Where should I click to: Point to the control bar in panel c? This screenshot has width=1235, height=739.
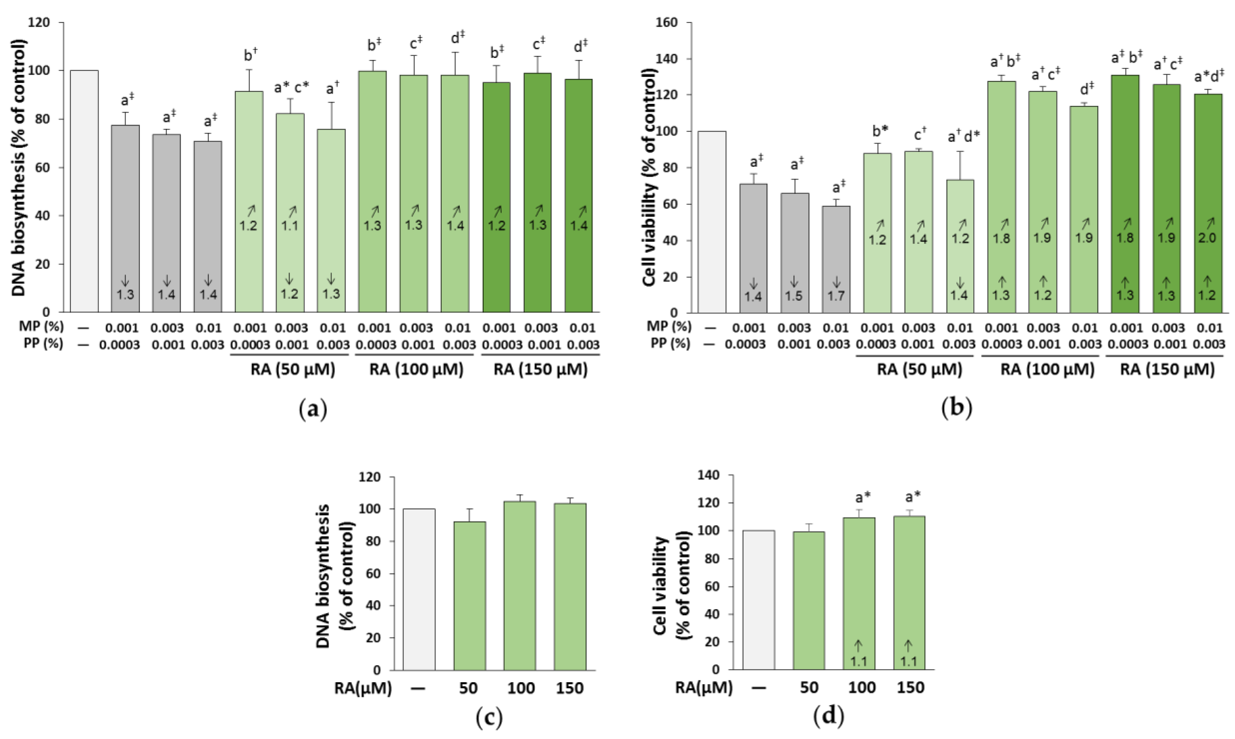tap(419, 589)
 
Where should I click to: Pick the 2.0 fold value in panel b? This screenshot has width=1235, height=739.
tap(1207, 238)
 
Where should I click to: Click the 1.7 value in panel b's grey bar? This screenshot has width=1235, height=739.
tap(836, 296)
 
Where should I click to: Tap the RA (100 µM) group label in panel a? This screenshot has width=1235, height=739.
tap(416, 369)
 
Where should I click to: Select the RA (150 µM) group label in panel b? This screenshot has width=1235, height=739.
tap(1167, 369)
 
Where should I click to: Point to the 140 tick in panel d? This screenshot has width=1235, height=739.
tap(712, 475)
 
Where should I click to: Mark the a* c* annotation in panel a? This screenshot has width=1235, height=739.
tap(291, 88)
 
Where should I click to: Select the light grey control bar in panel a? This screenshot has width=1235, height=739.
tap(84, 191)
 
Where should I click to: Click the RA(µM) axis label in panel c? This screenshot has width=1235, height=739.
tap(363, 688)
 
